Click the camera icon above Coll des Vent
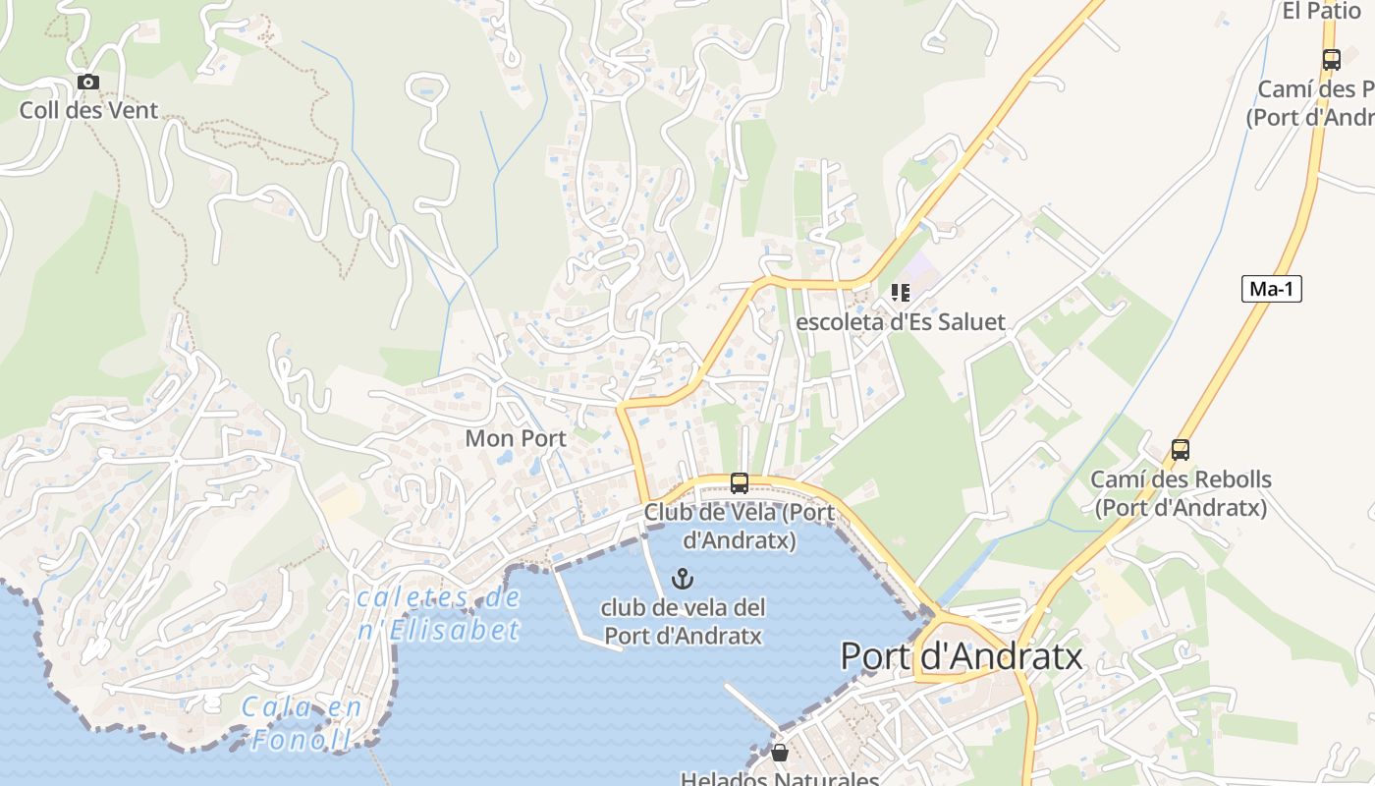tap(88, 83)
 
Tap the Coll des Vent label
tap(88, 110)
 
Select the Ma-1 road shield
tap(1271, 289)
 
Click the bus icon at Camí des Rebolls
tap(1181, 450)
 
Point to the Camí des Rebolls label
tap(1181, 494)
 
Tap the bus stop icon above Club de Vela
tap(740, 483)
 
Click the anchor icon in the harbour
tap(683, 579)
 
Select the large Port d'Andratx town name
tap(962, 656)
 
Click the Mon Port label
tap(516, 438)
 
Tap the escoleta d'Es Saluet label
tap(901, 322)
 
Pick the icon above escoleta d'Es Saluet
tap(901, 292)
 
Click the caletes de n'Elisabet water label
tap(438, 614)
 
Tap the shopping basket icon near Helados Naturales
tap(780, 753)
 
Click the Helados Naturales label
tap(780, 779)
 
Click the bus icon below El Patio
tap(1332, 59)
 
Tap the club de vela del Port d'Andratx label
tap(683, 621)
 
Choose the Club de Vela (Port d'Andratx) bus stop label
tap(740, 526)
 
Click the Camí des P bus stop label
tap(1314, 103)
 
